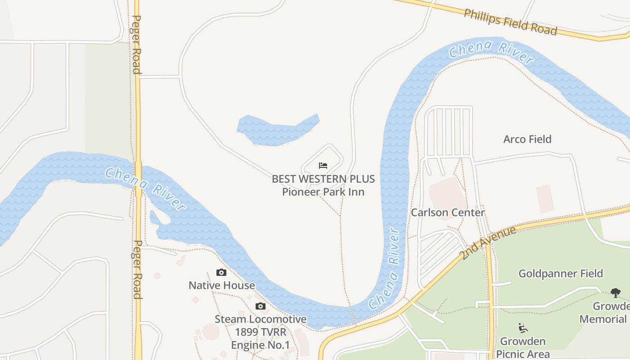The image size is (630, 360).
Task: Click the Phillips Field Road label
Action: [510, 22]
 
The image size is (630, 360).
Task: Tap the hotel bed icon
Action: [323, 166]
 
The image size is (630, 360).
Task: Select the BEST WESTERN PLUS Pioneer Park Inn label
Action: [323, 185]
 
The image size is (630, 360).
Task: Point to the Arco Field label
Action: [527, 139]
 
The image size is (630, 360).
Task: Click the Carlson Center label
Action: [447, 212]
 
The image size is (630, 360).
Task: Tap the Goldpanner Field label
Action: [560, 273]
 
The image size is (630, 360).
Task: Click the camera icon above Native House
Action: [221, 272]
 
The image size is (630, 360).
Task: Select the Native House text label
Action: [221, 285]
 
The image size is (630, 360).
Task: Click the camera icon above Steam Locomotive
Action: [260, 306]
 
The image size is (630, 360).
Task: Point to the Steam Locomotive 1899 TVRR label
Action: [260, 332]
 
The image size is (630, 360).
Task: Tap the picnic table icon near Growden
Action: [522, 328]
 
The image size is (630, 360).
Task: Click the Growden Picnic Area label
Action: [522, 347]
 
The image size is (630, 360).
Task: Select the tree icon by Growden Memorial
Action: [615, 293]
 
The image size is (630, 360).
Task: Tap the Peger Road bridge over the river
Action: [138, 179]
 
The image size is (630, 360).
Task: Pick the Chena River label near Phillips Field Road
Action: [491, 51]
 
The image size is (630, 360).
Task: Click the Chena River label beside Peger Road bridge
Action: [145, 189]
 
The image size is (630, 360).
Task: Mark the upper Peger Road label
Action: [136, 45]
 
